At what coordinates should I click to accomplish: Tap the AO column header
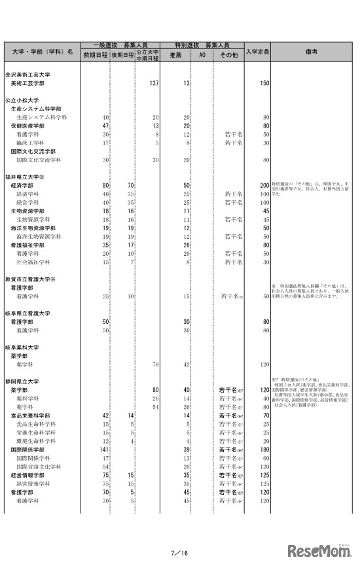[x=202, y=56]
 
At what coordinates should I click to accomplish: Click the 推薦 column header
[x=176, y=56]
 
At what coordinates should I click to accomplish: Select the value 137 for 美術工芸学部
[x=154, y=83]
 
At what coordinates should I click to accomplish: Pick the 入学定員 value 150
[x=264, y=83]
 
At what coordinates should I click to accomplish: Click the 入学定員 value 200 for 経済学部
[x=264, y=186]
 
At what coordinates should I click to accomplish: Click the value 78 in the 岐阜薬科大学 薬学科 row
[x=155, y=364]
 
